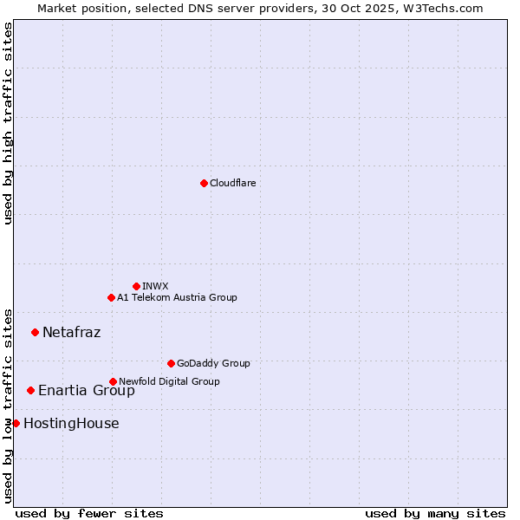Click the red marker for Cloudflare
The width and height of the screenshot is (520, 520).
click(x=204, y=183)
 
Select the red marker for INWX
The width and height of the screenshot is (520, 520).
click(x=136, y=286)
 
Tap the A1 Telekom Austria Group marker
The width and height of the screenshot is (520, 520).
click(x=111, y=297)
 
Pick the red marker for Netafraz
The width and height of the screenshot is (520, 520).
click(x=35, y=332)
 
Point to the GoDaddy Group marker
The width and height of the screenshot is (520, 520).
click(x=171, y=363)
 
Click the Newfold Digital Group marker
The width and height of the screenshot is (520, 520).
click(x=113, y=381)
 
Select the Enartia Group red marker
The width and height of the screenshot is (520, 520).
click(x=30, y=390)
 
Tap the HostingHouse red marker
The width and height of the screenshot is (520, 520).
click(x=16, y=423)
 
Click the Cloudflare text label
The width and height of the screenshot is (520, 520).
click(x=232, y=183)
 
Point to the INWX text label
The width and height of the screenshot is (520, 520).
click(x=155, y=286)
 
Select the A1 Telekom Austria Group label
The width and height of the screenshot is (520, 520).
click(x=177, y=297)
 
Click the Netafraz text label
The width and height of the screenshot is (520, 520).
click(x=71, y=332)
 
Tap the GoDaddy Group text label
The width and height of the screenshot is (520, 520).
click(x=213, y=363)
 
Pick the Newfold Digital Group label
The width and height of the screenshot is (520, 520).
click(x=169, y=381)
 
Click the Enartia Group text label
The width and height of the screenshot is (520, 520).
click(x=86, y=390)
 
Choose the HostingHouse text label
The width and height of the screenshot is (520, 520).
click(x=71, y=423)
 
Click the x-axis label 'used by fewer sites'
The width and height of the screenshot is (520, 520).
click(x=89, y=513)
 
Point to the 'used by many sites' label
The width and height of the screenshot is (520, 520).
click(x=435, y=513)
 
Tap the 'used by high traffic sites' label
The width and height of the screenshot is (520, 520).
click(x=8, y=123)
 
